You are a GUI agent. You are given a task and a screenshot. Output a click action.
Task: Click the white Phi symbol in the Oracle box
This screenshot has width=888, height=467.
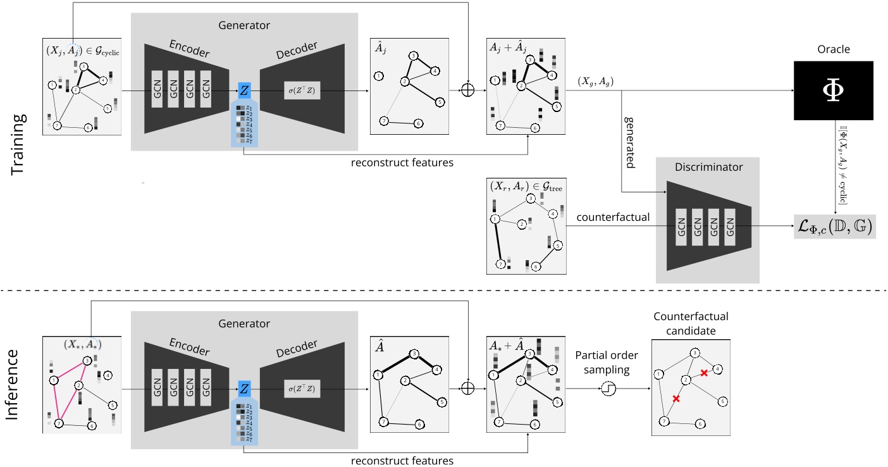pos(833,90)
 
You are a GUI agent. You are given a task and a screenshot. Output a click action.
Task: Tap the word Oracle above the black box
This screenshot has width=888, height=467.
pos(833,49)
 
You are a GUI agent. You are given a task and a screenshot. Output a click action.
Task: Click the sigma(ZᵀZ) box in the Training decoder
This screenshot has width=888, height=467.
pos(302,90)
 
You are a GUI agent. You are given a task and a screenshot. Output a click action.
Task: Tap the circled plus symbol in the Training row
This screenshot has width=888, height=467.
pos(467,90)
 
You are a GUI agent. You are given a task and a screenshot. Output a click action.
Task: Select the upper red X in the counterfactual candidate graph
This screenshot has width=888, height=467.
pos(703,373)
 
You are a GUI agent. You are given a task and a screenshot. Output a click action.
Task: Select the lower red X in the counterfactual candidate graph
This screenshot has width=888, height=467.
pos(676,399)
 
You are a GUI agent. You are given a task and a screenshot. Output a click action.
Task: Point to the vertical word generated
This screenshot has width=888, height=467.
pos(630,141)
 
